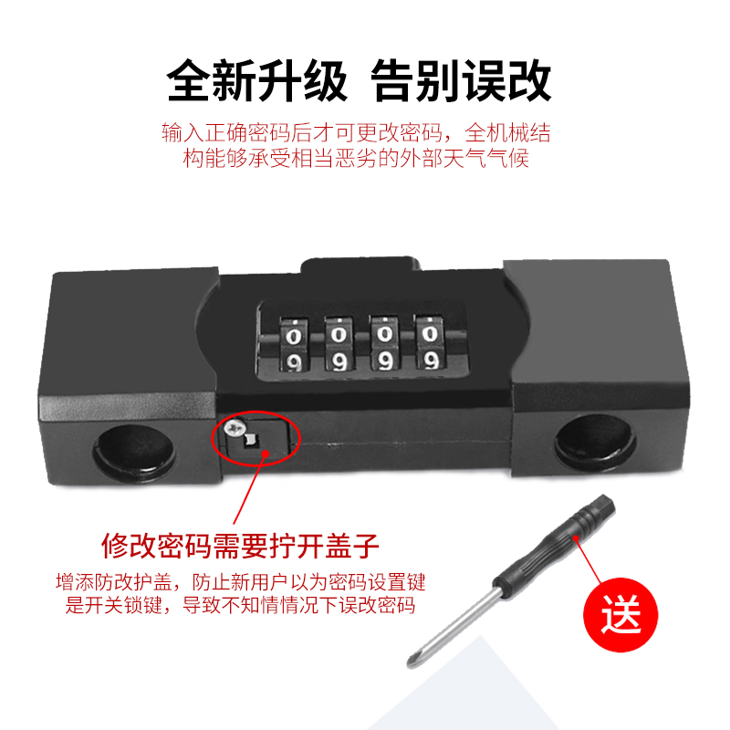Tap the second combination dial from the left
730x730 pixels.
(337, 346)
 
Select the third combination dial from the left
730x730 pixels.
(382, 346)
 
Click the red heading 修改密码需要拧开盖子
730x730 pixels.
(241, 547)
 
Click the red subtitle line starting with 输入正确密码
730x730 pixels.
(356, 132)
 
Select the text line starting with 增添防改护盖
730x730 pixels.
(240, 581)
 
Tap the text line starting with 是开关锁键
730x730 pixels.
(240, 605)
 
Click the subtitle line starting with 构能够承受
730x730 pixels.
(356, 159)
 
